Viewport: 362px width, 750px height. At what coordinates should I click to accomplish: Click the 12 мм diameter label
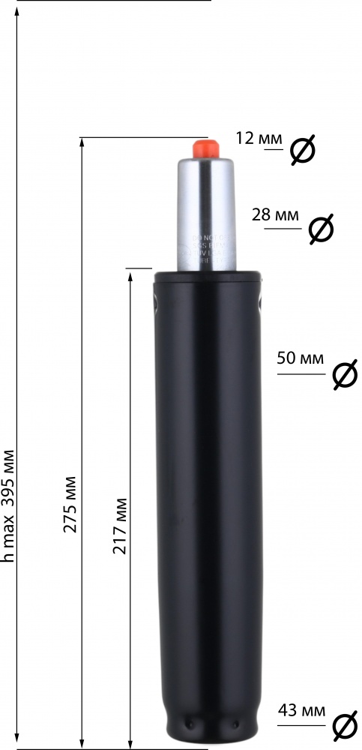(259, 139)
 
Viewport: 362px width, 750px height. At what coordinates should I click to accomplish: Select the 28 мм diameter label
(276, 215)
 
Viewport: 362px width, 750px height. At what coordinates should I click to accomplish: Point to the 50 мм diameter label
(301, 358)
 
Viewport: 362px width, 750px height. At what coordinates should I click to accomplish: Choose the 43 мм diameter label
(301, 709)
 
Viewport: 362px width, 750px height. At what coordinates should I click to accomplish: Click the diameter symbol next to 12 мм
(302, 151)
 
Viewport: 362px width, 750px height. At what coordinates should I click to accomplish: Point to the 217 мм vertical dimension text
(119, 525)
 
